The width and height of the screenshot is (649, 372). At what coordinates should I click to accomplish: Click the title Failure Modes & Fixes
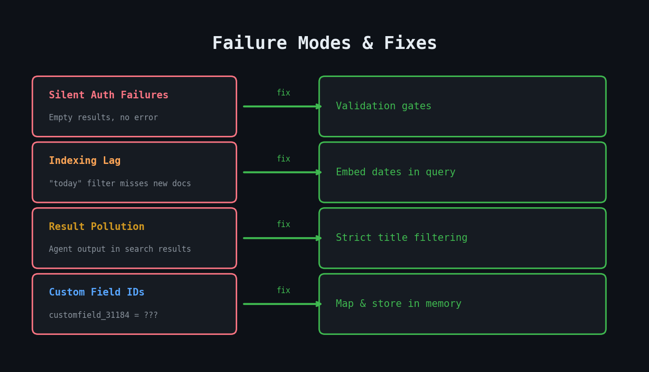click(x=324, y=43)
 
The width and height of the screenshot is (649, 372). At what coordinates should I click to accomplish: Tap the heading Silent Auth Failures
click(x=109, y=95)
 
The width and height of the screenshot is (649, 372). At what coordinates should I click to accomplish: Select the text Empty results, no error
click(x=103, y=118)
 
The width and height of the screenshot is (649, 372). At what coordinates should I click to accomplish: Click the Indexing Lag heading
click(x=84, y=161)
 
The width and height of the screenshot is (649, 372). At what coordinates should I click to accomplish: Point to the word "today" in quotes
click(x=65, y=184)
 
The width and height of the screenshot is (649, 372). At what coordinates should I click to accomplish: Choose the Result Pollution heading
click(x=96, y=227)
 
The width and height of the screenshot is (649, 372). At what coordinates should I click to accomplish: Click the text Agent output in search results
click(x=120, y=249)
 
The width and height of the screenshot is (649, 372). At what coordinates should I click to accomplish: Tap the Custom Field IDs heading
click(x=96, y=293)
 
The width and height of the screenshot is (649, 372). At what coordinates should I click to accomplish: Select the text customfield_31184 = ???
click(x=103, y=315)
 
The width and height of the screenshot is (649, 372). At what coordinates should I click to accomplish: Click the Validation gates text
click(x=383, y=106)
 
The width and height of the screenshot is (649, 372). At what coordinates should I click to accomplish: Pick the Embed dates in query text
click(x=395, y=172)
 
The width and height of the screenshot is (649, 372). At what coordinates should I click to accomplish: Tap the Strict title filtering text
click(x=401, y=238)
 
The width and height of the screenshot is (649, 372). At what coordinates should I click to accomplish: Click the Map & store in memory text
click(x=399, y=304)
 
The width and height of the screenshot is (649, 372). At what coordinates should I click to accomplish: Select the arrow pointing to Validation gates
click(x=282, y=106)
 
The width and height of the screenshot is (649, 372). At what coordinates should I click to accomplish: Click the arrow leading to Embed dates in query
click(x=282, y=172)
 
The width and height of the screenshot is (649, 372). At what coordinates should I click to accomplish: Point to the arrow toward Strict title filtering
click(x=282, y=238)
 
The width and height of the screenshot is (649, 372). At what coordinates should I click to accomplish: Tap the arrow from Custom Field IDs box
click(x=282, y=304)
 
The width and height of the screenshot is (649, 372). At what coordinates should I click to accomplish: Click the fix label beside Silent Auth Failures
click(x=283, y=93)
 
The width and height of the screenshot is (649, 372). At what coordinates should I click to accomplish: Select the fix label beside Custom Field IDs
click(x=283, y=291)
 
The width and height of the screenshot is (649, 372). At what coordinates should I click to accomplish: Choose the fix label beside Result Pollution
click(x=283, y=225)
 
